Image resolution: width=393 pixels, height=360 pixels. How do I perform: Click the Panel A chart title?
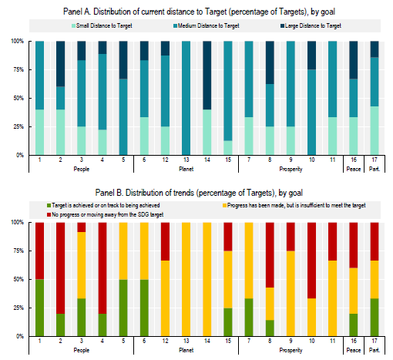coord(199,12)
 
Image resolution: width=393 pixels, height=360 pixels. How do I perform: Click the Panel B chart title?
coord(199,193)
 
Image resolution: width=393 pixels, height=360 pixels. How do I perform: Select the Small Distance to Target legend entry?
coord(102,25)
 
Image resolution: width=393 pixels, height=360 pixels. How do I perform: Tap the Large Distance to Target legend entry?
coord(311,25)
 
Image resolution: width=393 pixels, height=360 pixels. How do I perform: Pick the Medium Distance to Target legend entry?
coord(207,25)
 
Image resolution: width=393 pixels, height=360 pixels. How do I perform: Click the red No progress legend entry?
coord(106,214)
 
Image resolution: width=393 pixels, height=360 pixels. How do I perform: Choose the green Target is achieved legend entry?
coord(103,205)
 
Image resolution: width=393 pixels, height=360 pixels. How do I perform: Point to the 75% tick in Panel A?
coord(18,69)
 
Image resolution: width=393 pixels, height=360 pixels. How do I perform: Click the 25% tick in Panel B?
coord(18,308)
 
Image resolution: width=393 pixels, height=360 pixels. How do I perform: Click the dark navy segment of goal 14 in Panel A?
coord(207,76)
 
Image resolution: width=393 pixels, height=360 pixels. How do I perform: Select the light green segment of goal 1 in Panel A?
coord(39,133)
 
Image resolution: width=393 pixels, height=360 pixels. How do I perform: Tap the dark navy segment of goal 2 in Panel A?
coord(61,64)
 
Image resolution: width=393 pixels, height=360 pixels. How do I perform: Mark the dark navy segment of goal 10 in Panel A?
coord(312,56)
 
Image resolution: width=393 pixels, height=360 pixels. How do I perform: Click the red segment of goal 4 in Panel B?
coord(102,268)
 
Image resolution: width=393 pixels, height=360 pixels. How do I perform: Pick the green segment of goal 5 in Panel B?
coord(123,308)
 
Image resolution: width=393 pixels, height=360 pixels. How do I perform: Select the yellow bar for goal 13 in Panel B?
coord(186,279)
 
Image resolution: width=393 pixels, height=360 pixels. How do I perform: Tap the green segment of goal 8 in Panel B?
coord(270,328)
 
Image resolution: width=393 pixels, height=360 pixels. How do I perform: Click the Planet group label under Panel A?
coord(186,169)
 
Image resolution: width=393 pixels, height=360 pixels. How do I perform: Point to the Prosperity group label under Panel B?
coord(291,350)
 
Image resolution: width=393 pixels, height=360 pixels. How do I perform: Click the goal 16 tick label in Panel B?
coord(354,341)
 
